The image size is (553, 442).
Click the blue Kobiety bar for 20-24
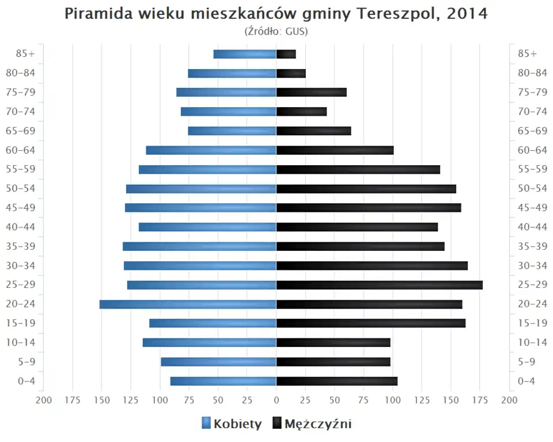click(188, 304)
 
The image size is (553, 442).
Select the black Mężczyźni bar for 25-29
click(379, 285)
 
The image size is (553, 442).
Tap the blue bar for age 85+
click(245, 54)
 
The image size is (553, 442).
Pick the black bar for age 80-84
click(291, 73)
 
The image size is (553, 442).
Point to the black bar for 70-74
click(301, 112)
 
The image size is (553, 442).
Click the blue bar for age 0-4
click(223, 381)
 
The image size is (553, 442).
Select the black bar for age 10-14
click(333, 342)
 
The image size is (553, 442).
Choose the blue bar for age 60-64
click(211, 150)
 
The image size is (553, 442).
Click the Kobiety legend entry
click(232, 424)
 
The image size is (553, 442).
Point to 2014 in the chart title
click(467, 14)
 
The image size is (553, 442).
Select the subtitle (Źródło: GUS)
click(276, 31)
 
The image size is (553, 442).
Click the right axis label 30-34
click(532, 265)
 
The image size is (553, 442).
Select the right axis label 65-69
click(532, 131)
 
